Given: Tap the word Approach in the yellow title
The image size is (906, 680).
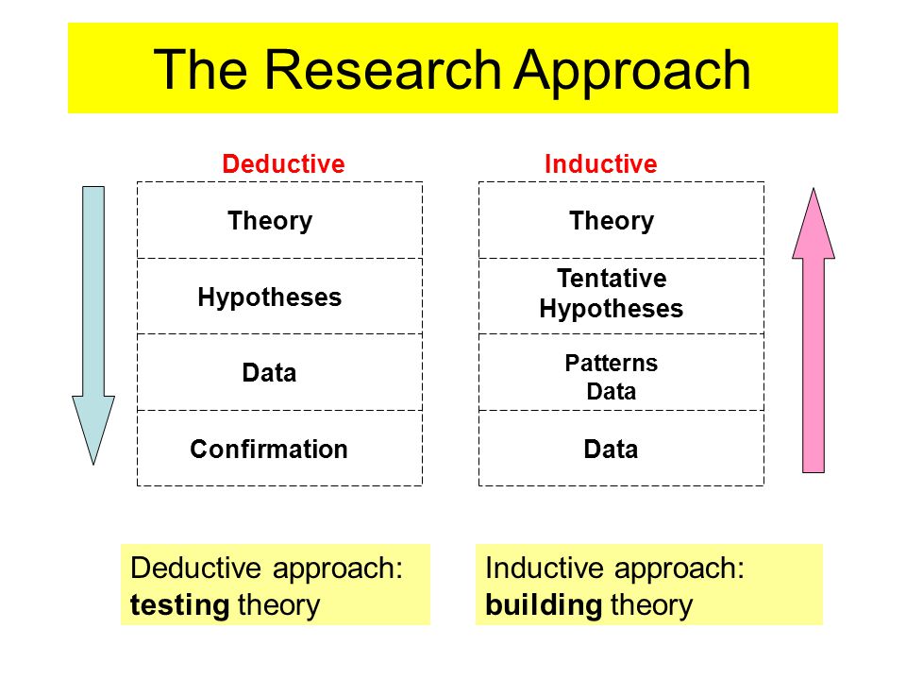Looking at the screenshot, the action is (x=632, y=74).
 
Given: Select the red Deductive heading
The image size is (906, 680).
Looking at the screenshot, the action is (x=283, y=164).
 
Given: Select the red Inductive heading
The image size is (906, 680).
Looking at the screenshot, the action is (x=601, y=164).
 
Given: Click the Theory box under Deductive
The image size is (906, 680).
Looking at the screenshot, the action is (x=279, y=220).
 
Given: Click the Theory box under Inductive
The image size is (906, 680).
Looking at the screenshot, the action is (x=621, y=220).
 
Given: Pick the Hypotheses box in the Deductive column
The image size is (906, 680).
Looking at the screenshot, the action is (x=279, y=296).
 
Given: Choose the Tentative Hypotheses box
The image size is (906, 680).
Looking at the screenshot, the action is (x=621, y=296).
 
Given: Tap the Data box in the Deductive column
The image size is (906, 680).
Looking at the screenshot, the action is (x=279, y=372).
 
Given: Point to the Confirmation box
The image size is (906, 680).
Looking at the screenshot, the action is (x=279, y=448).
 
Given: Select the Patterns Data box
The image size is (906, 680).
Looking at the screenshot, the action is (x=621, y=372).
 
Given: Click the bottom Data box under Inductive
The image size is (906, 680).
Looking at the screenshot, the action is (x=621, y=448).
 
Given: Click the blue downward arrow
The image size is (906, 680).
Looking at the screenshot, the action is (x=93, y=326).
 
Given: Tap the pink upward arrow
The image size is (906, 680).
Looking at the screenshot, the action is (x=814, y=331).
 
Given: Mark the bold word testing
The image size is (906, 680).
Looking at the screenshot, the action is (x=179, y=605).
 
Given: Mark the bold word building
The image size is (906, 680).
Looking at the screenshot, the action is (x=544, y=604).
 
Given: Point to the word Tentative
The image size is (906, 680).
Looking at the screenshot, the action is (x=612, y=278).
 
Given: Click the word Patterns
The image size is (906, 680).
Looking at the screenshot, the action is (x=612, y=363).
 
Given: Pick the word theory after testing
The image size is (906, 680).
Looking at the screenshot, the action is (x=278, y=605).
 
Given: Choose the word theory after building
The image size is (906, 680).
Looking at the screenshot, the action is (x=652, y=605).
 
